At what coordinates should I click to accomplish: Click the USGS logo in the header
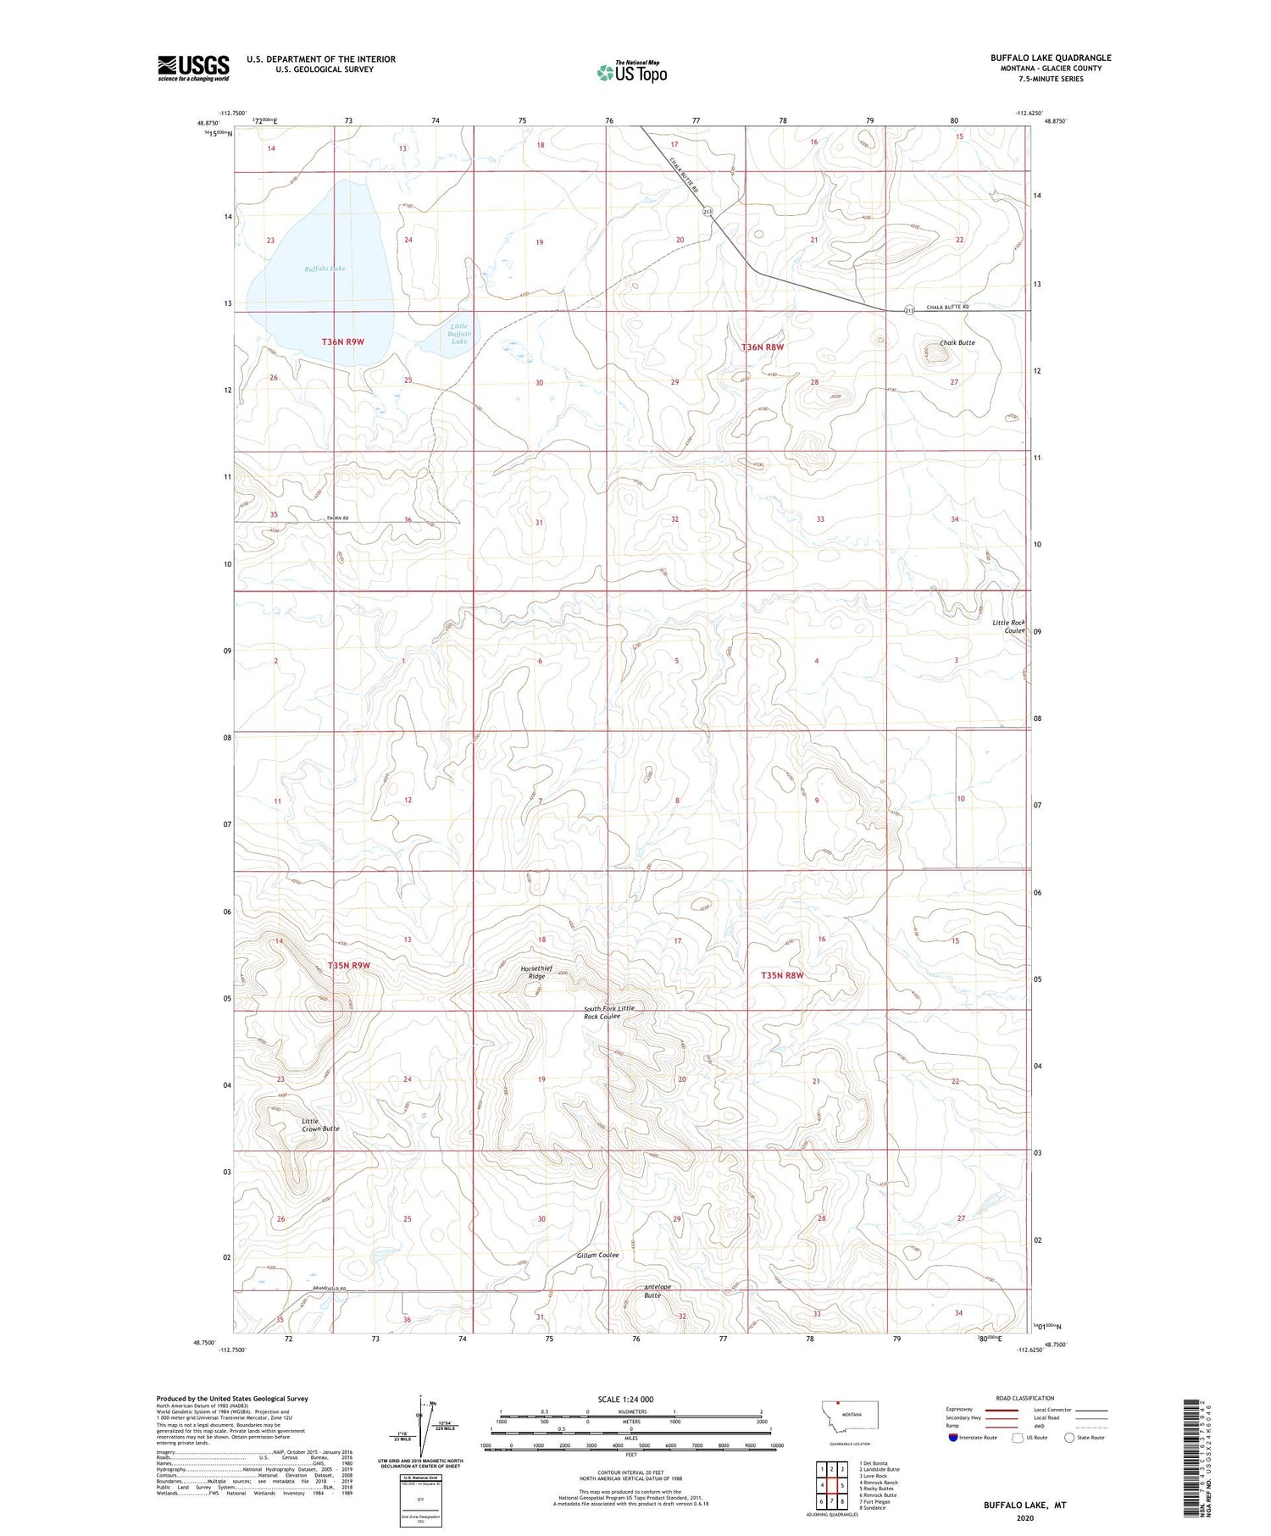coord(193,68)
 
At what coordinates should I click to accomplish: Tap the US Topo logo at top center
coord(631,73)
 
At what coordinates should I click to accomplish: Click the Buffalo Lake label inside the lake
coord(325,269)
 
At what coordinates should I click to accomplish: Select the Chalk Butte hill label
coord(957,343)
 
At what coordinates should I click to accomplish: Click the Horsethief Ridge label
coord(536,972)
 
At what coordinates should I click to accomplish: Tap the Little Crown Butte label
coord(320,1125)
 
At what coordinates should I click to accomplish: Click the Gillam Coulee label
coord(597,1256)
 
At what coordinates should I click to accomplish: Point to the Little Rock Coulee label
coord(1008,626)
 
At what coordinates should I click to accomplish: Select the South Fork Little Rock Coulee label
coord(608,1012)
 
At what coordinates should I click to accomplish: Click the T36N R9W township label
coord(342,341)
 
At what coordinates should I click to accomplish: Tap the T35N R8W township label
coord(781,976)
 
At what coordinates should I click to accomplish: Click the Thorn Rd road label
coord(337,518)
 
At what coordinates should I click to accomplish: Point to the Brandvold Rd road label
coord(330,1289)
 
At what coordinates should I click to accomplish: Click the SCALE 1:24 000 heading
coord(625,1399)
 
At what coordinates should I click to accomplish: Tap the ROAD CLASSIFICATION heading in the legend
coord(1025,1398)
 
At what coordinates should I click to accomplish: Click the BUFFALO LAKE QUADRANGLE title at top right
coord(1051,58)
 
